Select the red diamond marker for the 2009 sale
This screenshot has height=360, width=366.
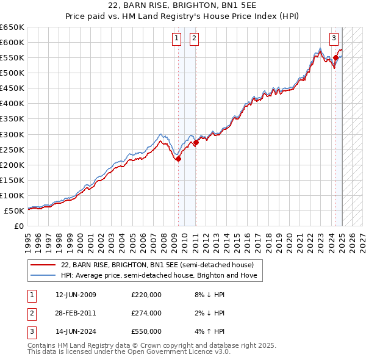[x=178, y=159]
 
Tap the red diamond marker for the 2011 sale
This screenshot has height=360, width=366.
[x=196, y=142]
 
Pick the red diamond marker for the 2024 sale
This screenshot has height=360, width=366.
[x=335, y=58]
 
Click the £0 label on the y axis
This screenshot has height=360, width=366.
[x=18, y=226]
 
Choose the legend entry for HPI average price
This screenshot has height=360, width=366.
[x=159, y=275]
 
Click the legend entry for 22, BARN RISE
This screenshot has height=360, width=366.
[x=161, y=265]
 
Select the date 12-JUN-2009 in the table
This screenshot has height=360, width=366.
[x=76, y=295]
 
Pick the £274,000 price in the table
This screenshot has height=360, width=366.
[x=146, y=313]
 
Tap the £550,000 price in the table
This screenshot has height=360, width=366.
[x=146, y=331]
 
